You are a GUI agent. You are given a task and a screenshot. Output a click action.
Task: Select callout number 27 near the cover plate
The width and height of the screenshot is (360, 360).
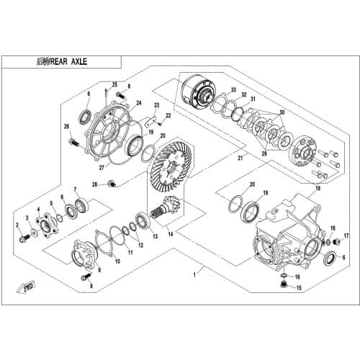point(101,167)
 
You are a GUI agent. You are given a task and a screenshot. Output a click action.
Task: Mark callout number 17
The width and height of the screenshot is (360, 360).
point(346,235)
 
